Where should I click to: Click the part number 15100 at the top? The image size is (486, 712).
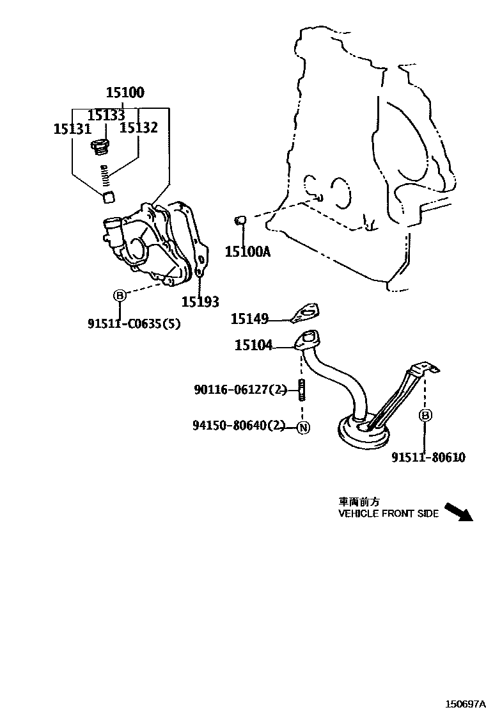coord(125,93)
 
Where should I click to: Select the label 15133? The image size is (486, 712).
coord(106,115)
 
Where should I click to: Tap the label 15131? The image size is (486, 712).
coord(72,129)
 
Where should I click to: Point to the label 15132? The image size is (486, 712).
coord(139,128)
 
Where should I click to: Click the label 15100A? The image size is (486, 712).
coord(247,252)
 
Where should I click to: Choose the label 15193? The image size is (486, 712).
coord(200,302)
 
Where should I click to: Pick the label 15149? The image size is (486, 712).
coord(249,318)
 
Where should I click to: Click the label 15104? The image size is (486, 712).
coord(253,346)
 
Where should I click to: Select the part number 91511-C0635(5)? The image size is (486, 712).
coord(134,324)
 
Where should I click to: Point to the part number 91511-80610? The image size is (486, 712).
coord(428,457)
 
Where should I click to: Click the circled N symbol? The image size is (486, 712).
coord(303,428)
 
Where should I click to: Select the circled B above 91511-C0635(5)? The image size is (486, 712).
coord(119,295)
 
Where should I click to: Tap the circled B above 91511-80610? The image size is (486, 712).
coord(425,416)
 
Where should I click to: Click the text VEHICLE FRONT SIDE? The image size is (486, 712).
coord(388,514)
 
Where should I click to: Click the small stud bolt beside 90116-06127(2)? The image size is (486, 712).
coord(300,389)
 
